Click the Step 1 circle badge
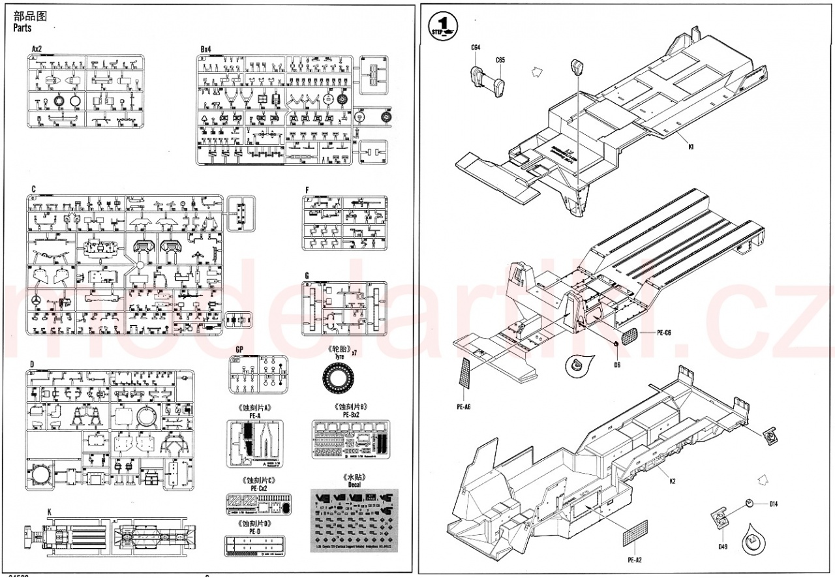[x=444, y=26]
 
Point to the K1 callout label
[x=690, y=147]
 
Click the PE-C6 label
[x=664, y=332]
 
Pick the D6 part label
[x=617, y=364]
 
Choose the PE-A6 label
[x=464, y=407]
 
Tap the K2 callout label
[x=672, y=481]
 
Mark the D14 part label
[x=774, y=504]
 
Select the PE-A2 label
[x=635, y=560]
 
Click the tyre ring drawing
[x=340, y=378]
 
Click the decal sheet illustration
[x=354, y=517]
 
